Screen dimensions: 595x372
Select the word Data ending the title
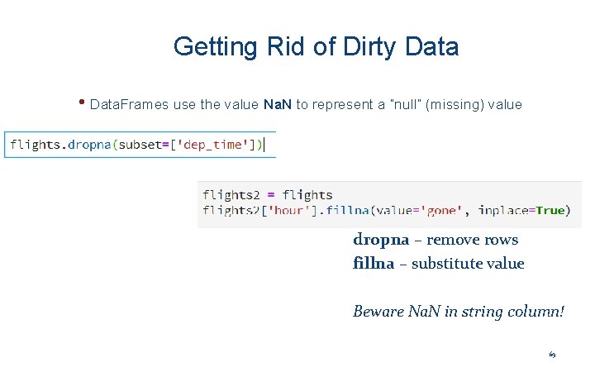coord(432,46)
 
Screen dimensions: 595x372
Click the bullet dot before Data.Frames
coord(83,103)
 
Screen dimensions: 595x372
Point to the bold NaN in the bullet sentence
coord(278,105)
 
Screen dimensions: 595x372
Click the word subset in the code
coord(141,145)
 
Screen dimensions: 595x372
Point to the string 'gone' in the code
coord(442,211)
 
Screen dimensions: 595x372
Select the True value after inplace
coord(550,211)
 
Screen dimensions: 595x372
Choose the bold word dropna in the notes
coord(381,240)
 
